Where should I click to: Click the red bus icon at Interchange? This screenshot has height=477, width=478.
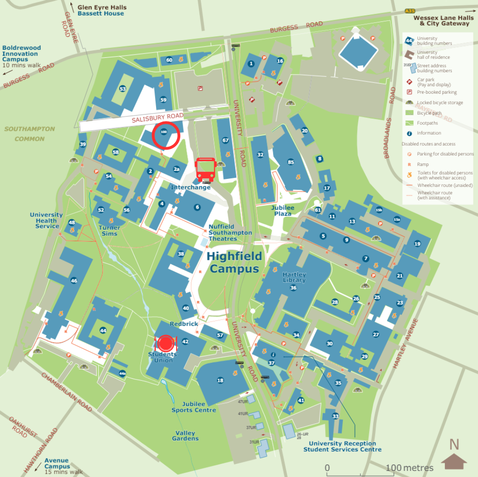[205, 170]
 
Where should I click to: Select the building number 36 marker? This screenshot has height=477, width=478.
[293, 288]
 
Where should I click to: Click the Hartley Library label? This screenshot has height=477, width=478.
[294, 277]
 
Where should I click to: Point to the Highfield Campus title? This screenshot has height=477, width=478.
[234, 262]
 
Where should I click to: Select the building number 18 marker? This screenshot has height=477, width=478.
[220, 381]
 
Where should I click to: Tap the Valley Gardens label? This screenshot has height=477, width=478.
[185, 436]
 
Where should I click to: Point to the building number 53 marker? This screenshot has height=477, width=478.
[123, 89]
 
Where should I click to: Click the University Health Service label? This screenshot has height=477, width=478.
[47, 220]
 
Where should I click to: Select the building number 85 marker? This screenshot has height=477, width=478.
[291, 162]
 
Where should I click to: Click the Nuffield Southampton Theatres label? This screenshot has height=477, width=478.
[230, 232]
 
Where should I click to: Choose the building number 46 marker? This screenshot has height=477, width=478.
[74, 280]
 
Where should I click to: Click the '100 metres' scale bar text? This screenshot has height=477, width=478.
[410, 468]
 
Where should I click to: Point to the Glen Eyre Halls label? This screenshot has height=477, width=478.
[102, 8]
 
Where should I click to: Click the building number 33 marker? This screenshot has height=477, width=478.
[335, 416]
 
